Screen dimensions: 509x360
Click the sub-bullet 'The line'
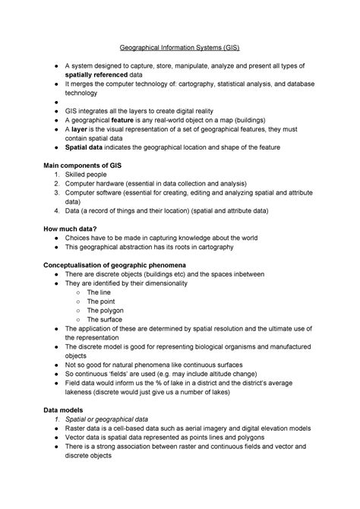pos(99,292)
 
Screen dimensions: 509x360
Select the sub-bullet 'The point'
pos(101,301)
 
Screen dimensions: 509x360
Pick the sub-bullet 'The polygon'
pos(105,311)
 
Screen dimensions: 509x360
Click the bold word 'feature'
pos(122,119)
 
